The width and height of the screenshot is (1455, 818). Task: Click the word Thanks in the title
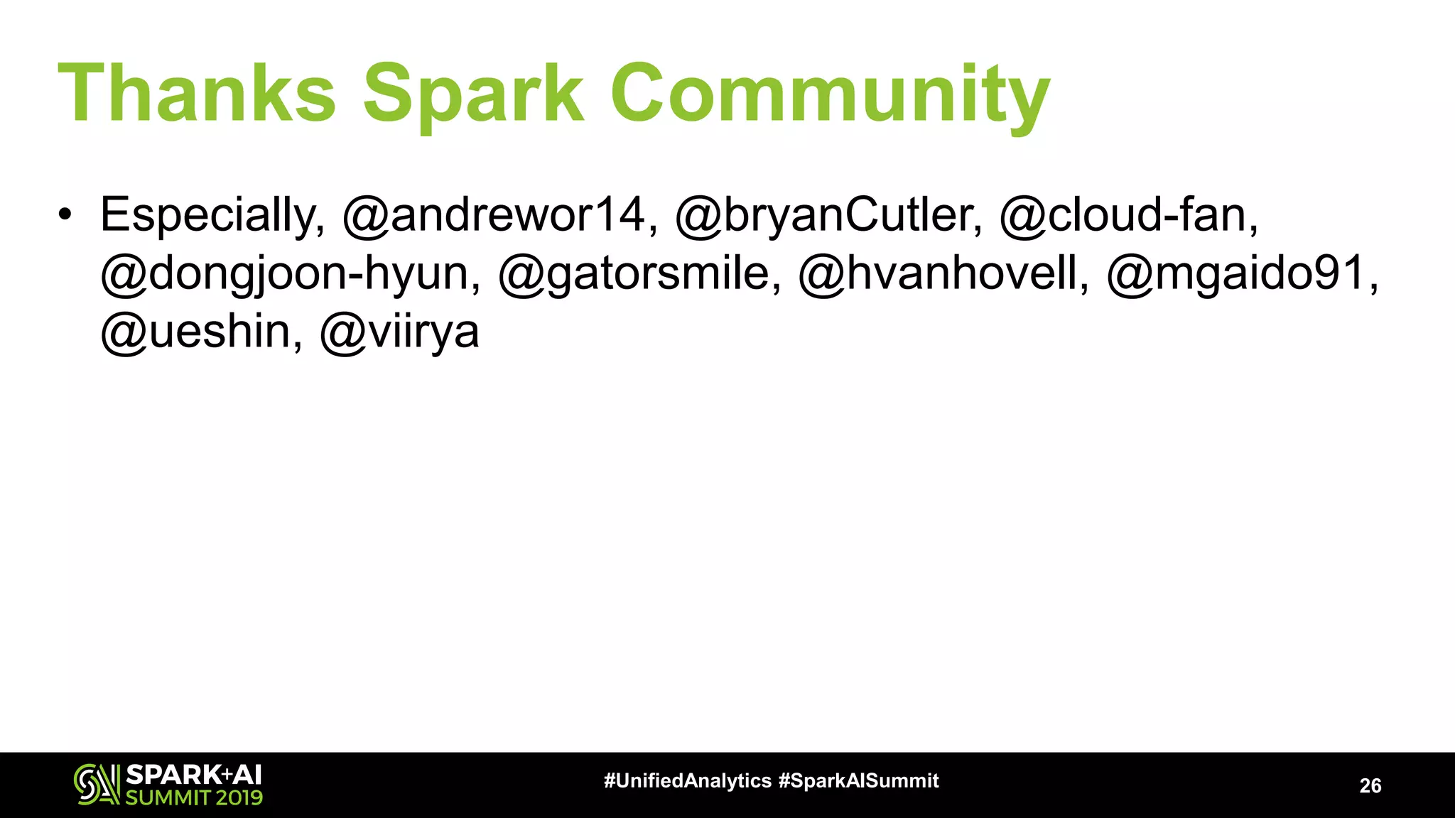196,94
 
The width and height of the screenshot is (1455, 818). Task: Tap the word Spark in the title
473,94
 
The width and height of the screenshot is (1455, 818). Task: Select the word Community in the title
830,94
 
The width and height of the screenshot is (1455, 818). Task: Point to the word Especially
212,215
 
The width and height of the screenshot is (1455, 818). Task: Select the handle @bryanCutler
828,215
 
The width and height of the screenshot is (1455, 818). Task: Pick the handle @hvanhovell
942,274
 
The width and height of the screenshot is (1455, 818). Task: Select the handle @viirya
400,332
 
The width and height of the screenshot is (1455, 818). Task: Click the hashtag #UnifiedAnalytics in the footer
687,781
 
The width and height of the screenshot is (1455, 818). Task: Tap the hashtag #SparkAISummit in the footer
859,781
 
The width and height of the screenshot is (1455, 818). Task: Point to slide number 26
1370,785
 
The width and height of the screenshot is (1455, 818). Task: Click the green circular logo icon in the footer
96,785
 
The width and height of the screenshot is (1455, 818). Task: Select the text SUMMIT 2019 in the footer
194,797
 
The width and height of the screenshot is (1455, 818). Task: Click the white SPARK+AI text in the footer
194,774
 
